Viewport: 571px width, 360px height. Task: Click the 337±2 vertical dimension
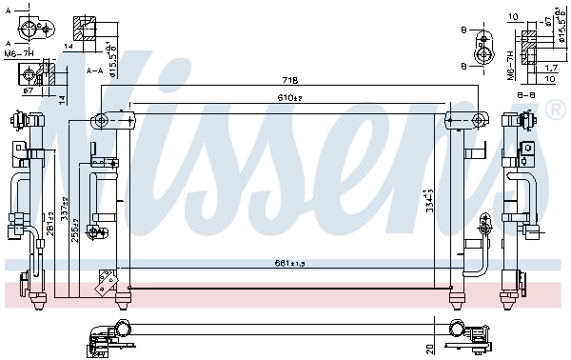[x=65, y=207]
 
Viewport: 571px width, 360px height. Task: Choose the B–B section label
[x=524, y=94]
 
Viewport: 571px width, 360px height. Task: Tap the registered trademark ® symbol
[x=555, y=112]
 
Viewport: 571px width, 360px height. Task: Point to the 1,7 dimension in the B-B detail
[x=552, y=69]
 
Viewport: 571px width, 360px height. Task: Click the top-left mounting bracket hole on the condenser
[x=98, y=119]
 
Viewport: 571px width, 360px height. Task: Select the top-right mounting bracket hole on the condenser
[x=453, y=119]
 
